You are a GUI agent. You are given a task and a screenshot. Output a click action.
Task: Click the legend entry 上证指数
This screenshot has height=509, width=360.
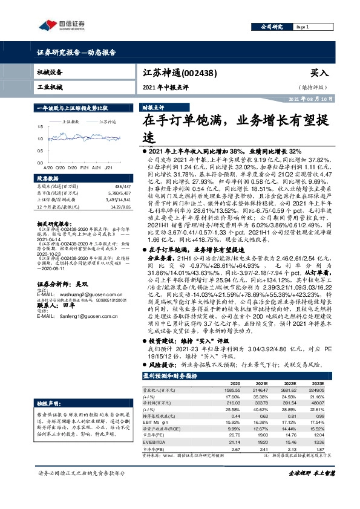click(x=74, y=122)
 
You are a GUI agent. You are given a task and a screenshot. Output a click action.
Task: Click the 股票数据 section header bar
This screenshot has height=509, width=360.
click(x=48, y=179)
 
